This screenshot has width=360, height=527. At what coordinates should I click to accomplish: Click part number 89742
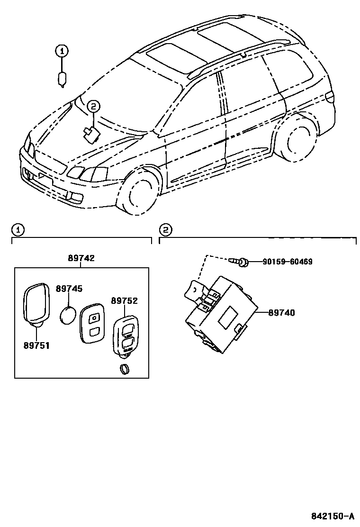tap(81, 258)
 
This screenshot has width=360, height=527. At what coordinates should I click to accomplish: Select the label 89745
tap(69, 289)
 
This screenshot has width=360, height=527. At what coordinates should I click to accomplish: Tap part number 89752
tap(124, 300)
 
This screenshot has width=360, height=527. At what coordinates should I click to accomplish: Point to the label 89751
tap(36, 345)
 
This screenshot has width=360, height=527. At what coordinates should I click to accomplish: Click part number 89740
tap(281, 313)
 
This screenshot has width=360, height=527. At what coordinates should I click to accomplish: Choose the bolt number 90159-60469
tap(288, 262)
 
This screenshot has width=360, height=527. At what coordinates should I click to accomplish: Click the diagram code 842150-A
tap(333, 516)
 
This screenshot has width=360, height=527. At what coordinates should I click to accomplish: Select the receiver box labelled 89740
tap(219, 315)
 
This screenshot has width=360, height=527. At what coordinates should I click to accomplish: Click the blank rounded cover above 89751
tap(36, 302)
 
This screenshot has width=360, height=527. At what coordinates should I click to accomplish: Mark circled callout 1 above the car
tap(62, 50)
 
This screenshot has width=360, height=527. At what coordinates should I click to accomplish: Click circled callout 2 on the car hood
tap(93, 107)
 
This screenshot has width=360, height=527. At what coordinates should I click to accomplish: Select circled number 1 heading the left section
tap(17, 230)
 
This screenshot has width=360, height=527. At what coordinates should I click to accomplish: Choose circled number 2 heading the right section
tap(165, 230)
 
